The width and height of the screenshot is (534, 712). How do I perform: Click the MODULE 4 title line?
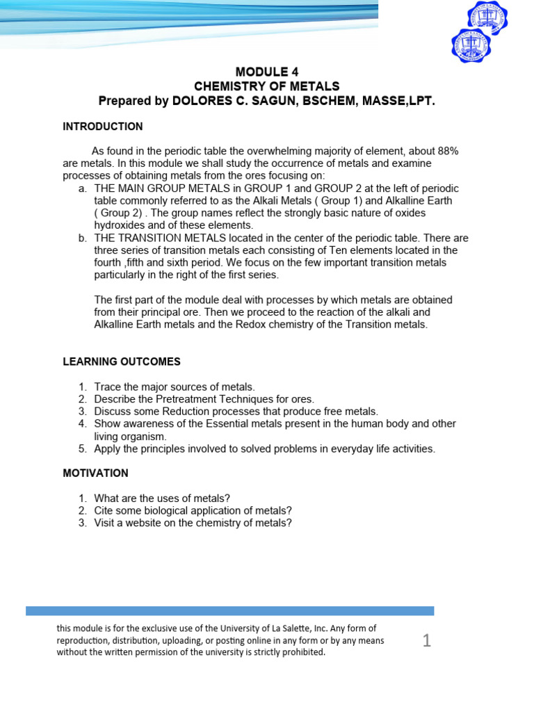click(266, 72)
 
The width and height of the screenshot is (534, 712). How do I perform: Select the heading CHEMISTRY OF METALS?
click(266, 86)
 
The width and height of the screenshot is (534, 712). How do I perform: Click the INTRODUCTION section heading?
click(103, 127)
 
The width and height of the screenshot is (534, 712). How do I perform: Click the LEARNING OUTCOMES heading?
click(122, 362)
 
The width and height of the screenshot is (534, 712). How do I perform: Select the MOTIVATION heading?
click(95, 473)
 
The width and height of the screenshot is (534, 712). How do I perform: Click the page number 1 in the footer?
click(427, 640)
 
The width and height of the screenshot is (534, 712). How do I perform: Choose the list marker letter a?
click(81, 188)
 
